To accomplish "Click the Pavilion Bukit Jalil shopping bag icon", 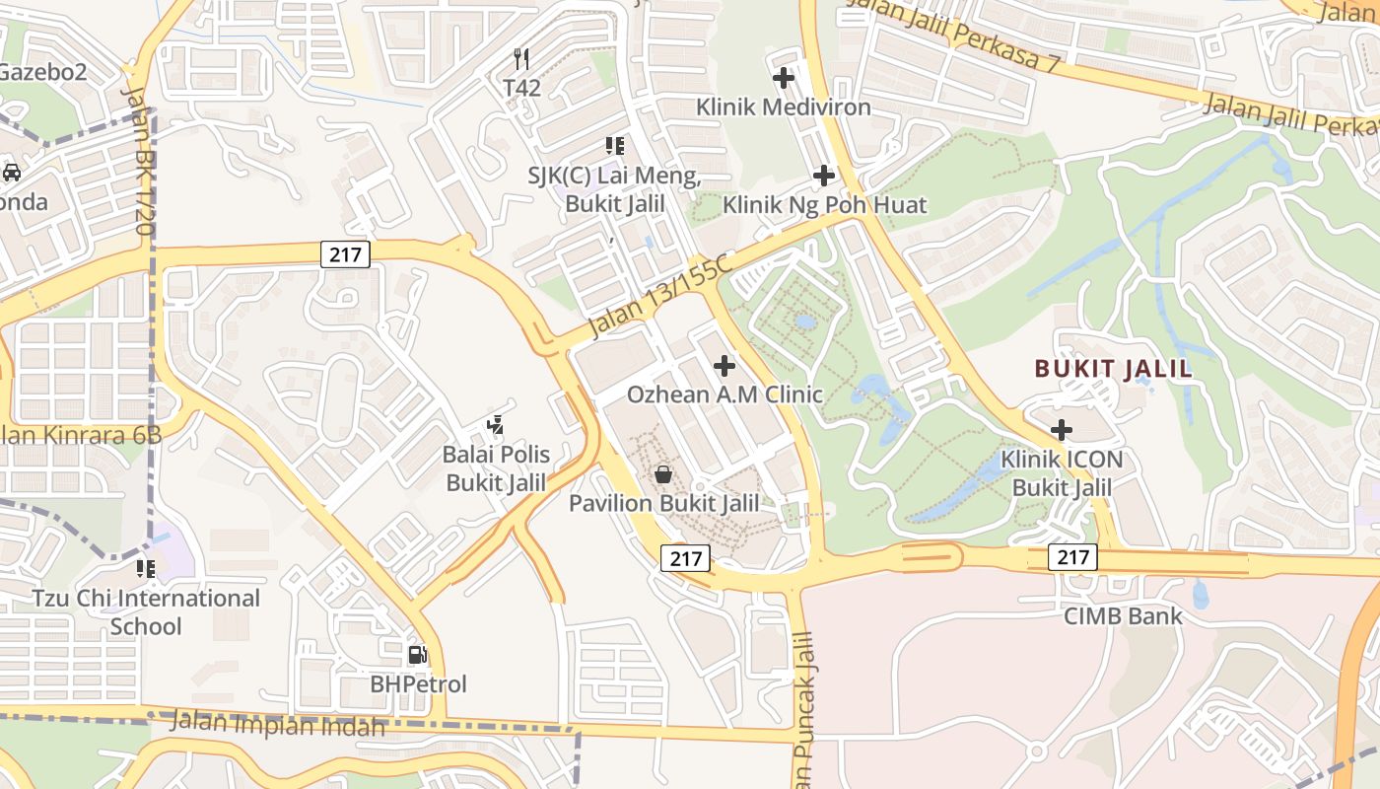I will (664, 474).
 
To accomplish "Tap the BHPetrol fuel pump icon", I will (417, 655).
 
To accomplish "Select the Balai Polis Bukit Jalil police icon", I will (496, 425).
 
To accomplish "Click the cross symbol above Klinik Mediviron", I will (784, 77).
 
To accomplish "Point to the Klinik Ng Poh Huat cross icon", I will (824, 177).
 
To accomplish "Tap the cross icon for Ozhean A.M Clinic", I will (724, 366).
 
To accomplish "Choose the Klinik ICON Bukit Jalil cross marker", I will (1062, 430).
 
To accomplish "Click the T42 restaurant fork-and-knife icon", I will (522, 59).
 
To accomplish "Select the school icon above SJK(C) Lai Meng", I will (615, 147).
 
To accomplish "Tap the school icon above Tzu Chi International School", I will (146, 569).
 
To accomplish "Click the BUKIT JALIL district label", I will (1113, 370).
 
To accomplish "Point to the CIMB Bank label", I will (1123, 616).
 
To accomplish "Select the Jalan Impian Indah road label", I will (277, 724).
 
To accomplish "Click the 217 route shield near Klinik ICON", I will (1072, 557).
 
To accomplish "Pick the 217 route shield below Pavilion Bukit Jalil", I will (685, 559).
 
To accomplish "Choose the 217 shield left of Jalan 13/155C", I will (345, 255).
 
